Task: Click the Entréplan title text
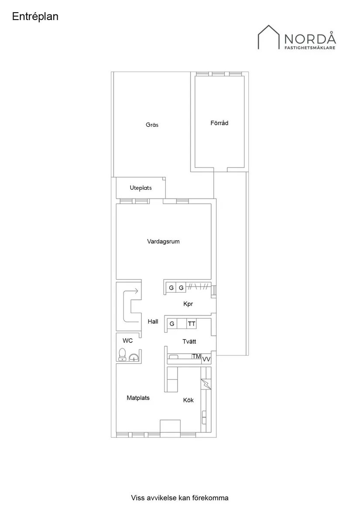[x=35, y=17]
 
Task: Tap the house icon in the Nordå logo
[x=269, y=37]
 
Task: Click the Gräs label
[x=152, y=125]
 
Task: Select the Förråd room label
[x=219, y=123]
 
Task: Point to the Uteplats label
[x=141, y=188]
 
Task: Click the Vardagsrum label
[x=163, y=242]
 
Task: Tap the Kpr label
[x=188, y=304]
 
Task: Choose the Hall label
[x=153, y=321]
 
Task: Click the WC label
[x=128, y=341]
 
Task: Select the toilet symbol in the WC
[x=122, y=355]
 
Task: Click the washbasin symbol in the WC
[x=134, y=357]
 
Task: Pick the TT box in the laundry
[x=192, y=324]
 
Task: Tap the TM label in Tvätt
[x=196, y=356]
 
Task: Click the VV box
[x=206, y=359]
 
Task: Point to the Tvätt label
[x=189, y=342]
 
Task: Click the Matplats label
[x=138, y=398]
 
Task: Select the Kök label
[x=189, y=400]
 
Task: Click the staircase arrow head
[x=137, y=291]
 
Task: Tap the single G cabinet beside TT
[x=172, y=324]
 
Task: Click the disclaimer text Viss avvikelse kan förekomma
[x=180, y=498]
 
